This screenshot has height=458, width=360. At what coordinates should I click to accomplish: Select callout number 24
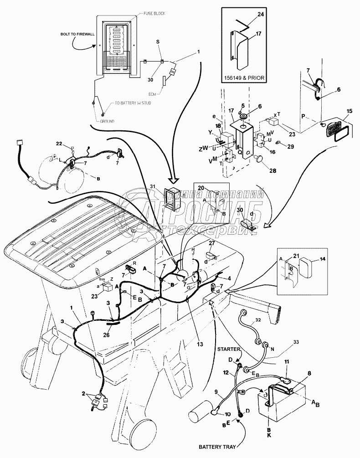tap(260, 14)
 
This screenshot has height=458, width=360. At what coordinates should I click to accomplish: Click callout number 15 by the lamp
tap(350, 111)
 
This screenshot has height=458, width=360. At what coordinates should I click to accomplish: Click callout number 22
tap(71, 144)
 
